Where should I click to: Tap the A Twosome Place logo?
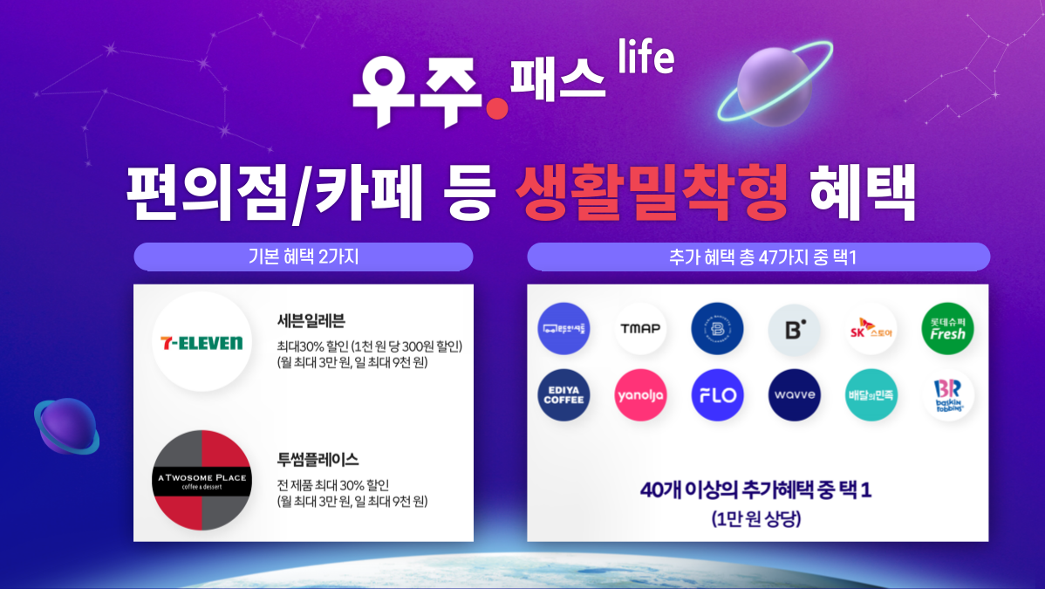click(x=201, y=479)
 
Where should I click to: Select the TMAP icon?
click(x=640, y=329)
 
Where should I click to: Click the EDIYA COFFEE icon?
click(x=563, y=395)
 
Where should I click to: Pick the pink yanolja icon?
click(x=640, y=395)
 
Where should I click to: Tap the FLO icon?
click(x=717, y=395)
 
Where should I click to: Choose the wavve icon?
click(x=794, y=395)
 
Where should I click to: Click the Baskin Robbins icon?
click(x=948, y=395)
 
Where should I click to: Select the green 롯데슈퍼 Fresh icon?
click(x=948, y=329)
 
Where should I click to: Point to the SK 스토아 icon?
click(x=871, y=329)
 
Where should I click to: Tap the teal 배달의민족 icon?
click(x=871, y=395)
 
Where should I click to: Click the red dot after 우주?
click(x=496, y=107)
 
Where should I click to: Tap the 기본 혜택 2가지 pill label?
click(x=303, y=257)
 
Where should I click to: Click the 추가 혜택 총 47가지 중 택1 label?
click(x=758, y=257)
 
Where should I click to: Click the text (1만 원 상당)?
click(x=756, y=519)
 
